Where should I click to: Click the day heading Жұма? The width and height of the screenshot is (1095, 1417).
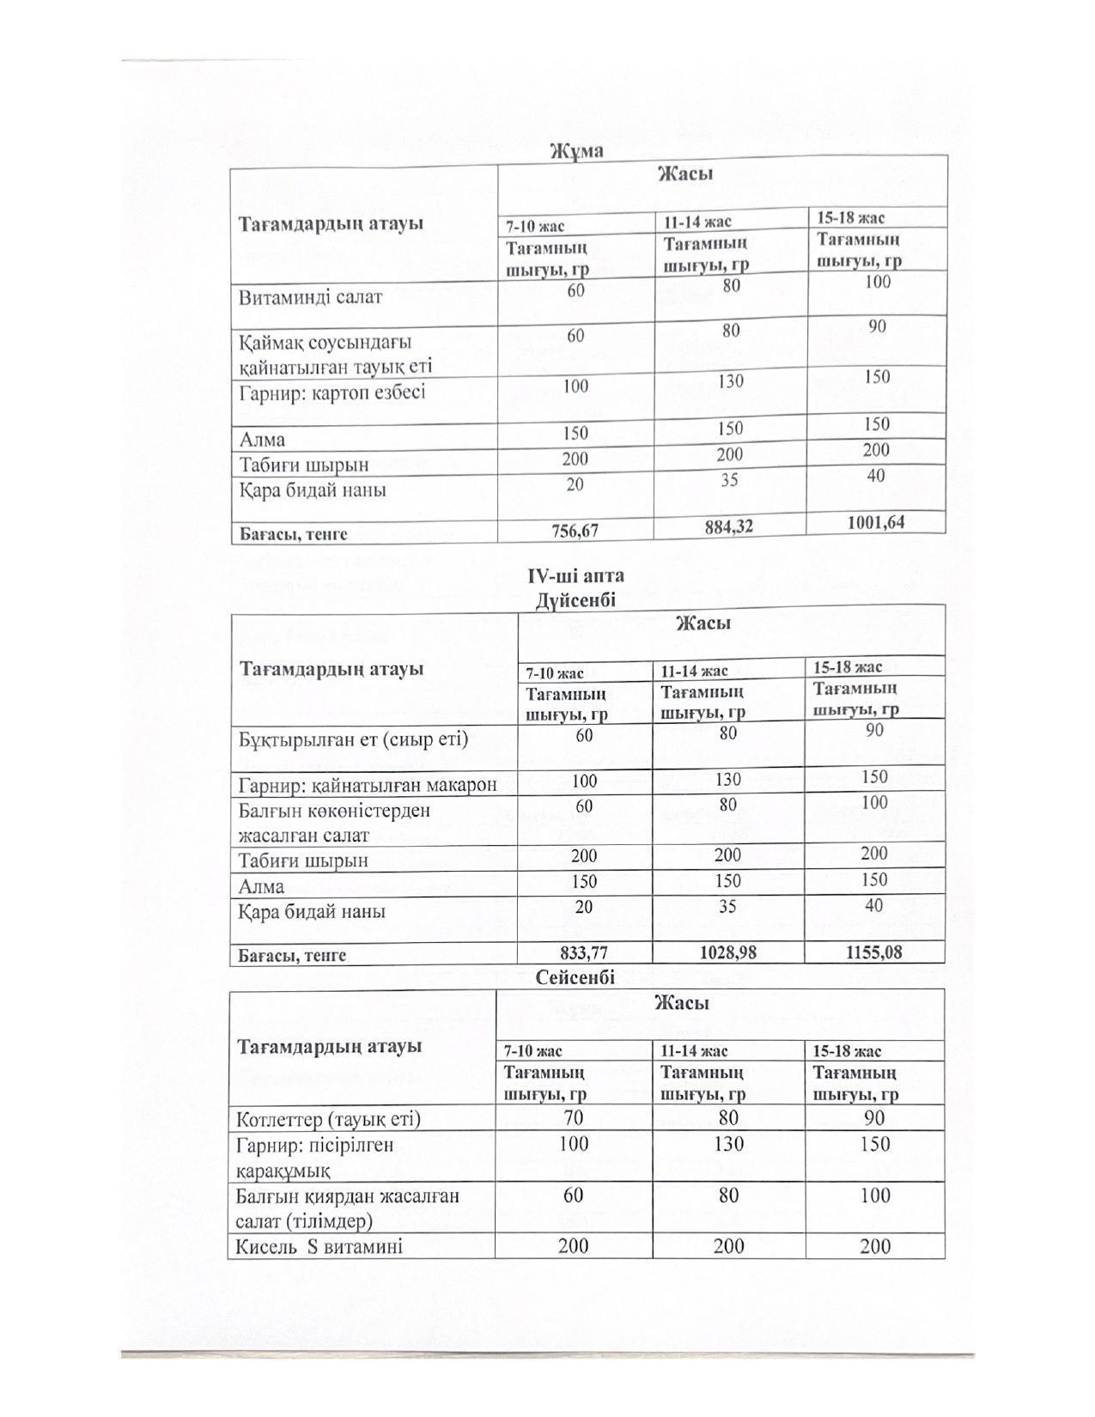576,151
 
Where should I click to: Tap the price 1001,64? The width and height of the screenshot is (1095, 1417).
875,521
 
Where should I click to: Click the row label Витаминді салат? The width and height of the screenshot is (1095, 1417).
310,297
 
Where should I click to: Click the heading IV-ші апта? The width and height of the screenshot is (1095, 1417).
575,576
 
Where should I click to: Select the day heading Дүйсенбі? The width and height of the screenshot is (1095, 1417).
575,599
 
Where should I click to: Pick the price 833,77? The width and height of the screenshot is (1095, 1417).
584,952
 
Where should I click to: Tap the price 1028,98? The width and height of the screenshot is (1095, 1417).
727,952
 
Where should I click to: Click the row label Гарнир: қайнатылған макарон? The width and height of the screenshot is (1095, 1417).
368,784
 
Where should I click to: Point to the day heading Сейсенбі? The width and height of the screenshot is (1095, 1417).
575,976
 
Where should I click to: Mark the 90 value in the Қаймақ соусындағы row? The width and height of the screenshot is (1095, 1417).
877,326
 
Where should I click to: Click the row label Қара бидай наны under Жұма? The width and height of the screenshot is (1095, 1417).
313,490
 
